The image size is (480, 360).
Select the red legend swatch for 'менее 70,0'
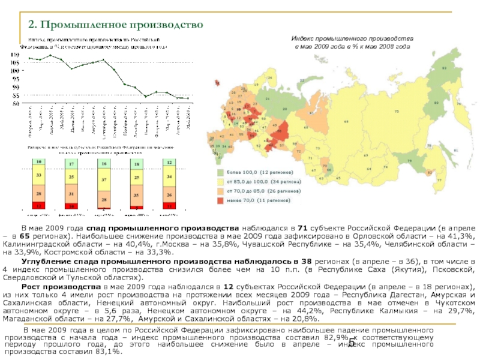(220, 200)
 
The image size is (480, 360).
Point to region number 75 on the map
(397, 112)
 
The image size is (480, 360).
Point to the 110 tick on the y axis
(15, 53)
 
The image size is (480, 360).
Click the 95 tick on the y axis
(15, 79)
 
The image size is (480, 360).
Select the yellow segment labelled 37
(104, 180)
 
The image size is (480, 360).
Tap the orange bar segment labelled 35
(137, 195)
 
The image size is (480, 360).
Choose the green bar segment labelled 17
(71, 164)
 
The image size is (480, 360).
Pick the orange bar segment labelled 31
(71, 194)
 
